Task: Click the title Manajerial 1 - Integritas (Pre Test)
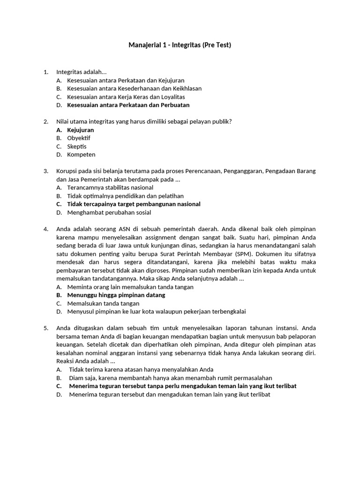coord(180,45)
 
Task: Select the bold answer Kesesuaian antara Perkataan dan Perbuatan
coord(128,105)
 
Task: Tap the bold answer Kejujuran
coord(81,130)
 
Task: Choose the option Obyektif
coord(79,138)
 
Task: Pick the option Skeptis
coord(77,146)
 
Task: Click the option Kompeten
coord(81,155)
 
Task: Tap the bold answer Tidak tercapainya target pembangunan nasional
coord(134,204)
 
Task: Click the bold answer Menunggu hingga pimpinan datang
coord(116,295)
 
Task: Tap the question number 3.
coord(46,171)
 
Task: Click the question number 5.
coord(46,328)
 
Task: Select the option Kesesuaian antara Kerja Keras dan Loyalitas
coord(126,97)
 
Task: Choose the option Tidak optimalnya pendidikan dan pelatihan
coord(125,196)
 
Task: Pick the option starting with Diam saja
coord(170,378)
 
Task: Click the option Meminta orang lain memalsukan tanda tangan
coord(130,287)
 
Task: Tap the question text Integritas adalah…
coord(82,72)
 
